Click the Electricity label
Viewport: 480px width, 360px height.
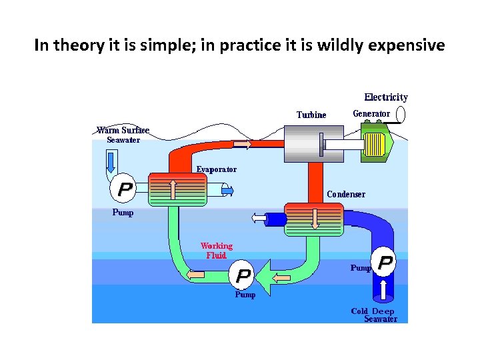pos(385,97)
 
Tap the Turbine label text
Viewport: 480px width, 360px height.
pos(311,115)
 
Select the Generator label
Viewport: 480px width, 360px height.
pos(371,114)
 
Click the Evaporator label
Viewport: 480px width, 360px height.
pos(216,169)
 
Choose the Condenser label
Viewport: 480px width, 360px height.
pos(346,195)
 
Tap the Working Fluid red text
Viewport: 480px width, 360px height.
pos(217,251)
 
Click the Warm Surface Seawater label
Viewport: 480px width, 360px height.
pos(123,135)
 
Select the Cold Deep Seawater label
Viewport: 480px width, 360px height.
pos(374,315)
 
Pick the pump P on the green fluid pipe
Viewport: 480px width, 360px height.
pos(244,275)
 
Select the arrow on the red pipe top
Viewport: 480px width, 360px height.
pos(242,144)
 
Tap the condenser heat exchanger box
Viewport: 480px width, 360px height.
pos(313,219)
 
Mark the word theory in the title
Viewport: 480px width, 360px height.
pos(75,45)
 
